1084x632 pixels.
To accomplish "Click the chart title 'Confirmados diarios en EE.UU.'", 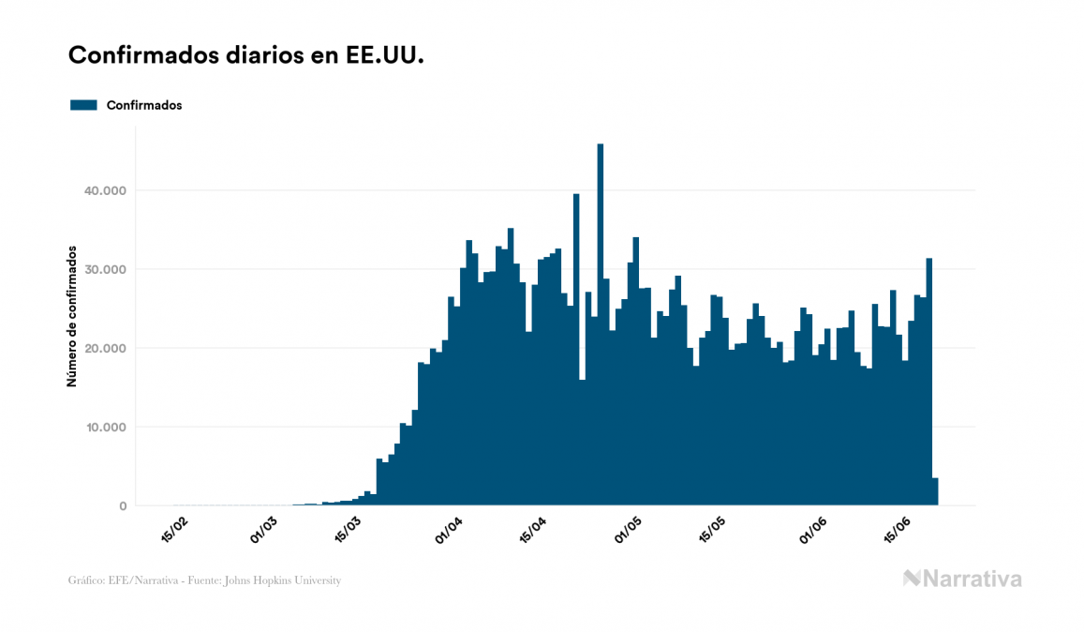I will coord(246,55).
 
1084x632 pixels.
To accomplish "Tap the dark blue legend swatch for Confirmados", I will coord(83,105).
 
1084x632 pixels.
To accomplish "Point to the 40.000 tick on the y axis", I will coord(105,190).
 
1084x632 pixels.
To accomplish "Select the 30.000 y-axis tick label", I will coord(105,269).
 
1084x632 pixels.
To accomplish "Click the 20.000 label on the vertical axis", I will coord(105,348).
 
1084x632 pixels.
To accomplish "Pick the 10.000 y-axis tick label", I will coord(105,428).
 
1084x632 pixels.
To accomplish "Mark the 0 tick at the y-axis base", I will coord(122,506).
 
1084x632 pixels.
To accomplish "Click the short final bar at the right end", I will coord(935,492).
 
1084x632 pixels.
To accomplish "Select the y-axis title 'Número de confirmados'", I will coord(71,315).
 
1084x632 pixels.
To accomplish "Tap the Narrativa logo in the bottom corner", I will coord(962,579).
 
